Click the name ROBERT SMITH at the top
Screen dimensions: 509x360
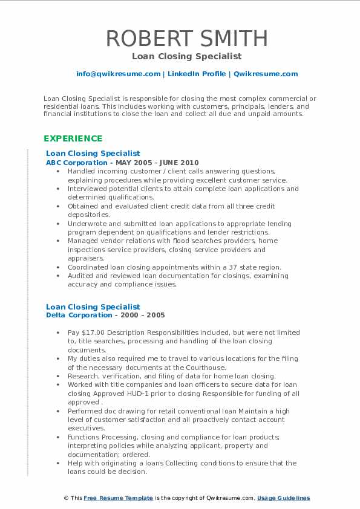pos(186,38)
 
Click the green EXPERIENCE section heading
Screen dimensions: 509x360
pos(73,138)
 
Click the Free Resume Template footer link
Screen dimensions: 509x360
pos(119,498)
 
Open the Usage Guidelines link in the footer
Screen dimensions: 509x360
pos(283,498)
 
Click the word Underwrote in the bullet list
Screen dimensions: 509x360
pos(89,223)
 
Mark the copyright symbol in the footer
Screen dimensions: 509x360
pos(66,498)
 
